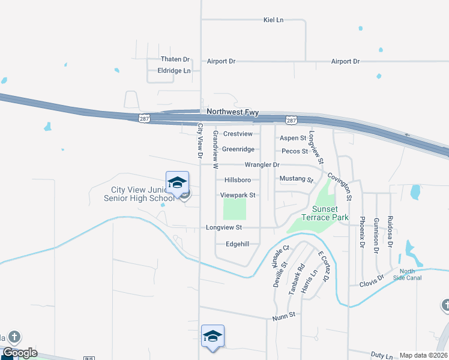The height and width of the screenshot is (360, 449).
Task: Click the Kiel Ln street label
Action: [x=273, y=20]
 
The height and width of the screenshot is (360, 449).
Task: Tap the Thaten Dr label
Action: [x=175, y=59]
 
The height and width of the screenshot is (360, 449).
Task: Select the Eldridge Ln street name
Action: [x=173, y=70]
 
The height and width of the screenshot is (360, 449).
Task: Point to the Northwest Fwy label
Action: [x=232, y=112]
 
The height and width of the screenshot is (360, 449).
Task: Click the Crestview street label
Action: [x=238, y=134]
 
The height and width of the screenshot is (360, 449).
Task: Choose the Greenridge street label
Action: [x=238, y=149]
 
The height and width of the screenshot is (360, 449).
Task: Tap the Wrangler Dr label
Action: [x=262, y=164]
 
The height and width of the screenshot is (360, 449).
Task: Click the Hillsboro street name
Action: [x=237, y=180]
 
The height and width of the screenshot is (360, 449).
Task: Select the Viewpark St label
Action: [x=238, y=195]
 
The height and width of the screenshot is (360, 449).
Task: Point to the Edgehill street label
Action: [x=237, y=244]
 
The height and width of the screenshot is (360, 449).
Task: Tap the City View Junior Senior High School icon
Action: [x=178, y=182]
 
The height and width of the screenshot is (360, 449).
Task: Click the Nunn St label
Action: [x=284, y=315]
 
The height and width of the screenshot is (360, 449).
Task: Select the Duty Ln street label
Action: [x=382, y=355]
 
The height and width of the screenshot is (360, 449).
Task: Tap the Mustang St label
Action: [x=297, y=179]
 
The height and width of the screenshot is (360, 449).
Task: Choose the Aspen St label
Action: [x=293, y=138]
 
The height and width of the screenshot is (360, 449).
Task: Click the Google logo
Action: [x=19, y=353]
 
